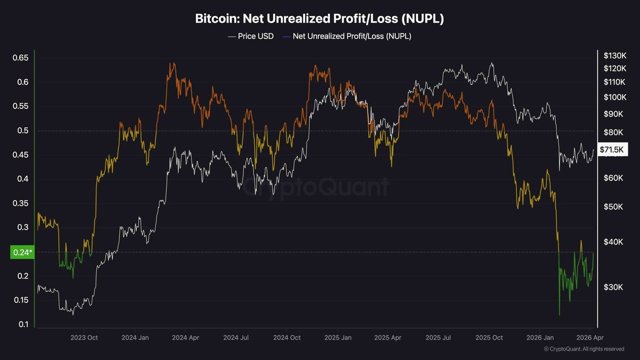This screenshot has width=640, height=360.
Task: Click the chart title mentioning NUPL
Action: point(319,19)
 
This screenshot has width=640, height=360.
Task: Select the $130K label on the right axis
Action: point(614,55)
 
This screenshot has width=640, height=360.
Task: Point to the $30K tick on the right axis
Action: point(613,287)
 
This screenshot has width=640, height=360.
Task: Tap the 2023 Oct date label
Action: point(84,338)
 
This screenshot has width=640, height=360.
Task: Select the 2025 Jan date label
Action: point(339,338)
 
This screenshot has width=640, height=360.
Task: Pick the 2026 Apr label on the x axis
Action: point(590,338)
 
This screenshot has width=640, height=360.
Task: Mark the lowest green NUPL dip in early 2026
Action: point(559,315)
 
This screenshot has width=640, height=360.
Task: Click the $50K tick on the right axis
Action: point(613,207)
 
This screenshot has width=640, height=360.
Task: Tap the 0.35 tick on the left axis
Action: point(22,203)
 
